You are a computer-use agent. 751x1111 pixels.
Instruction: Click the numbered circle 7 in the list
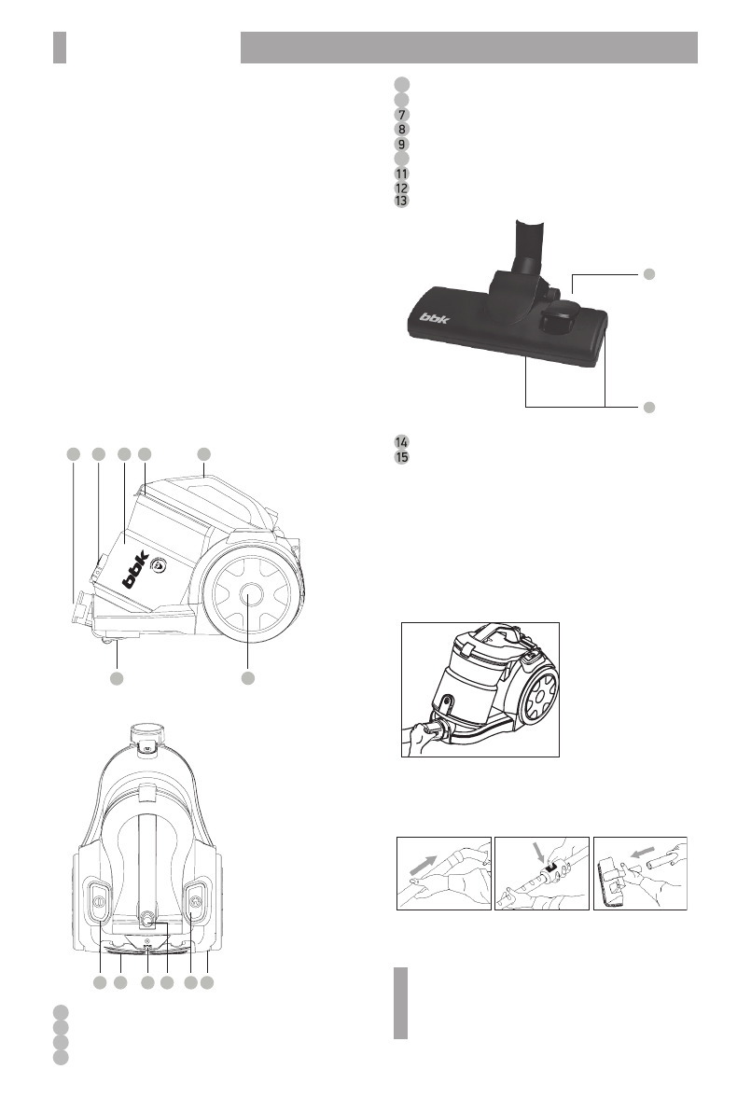pyautogui.click(x=401, y=114)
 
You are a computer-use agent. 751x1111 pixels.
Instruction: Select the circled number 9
pyautogui.click(x=401, y=145)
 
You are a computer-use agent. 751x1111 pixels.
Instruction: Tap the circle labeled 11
pyautogui.click(x=401, y=174)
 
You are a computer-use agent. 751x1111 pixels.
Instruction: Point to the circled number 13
pyautogui.click(x=401, y=201)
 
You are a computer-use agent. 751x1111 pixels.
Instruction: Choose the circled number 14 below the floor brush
pyautogui.click(x=401, y=441)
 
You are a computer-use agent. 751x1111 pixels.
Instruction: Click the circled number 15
pyautogui.click(x=401, y=457)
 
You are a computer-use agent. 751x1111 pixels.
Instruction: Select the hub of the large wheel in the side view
pyautogui.click(x=247, y=593)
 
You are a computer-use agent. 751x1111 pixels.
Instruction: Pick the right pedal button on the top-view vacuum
pyautogui.click(x=194, y=900)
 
